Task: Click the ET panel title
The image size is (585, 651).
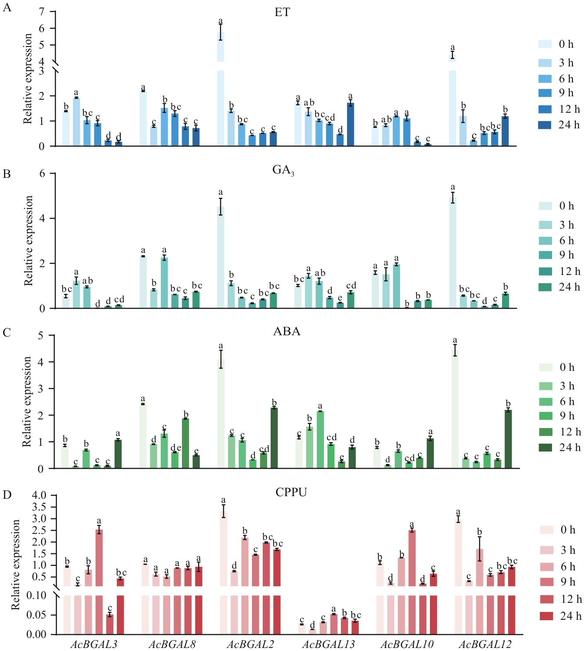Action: tap(282, 12)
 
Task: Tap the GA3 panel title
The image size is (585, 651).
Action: tap(283, 170)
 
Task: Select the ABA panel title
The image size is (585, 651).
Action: tap(287, 331)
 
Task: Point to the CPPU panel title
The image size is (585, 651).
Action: tap(291, 492)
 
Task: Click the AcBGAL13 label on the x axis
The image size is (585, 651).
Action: tap(328, 644)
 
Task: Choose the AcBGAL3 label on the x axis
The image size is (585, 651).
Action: tap(94, 644)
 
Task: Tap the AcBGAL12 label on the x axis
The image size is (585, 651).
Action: tap(485, 644)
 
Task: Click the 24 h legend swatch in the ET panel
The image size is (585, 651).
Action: tap(545, 125)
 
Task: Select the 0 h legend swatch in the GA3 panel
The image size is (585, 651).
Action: tap(545, 206)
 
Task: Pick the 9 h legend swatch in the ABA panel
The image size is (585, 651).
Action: tap(545, 416)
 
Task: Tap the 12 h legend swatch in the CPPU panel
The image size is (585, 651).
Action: tap(547, 599)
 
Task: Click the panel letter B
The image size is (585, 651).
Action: tap(7, 174)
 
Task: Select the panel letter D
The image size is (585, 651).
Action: tap(7, 495)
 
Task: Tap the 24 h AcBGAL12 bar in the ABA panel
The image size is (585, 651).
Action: tap(508, 439)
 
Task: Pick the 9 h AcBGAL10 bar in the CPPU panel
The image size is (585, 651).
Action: tap(412, 581)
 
